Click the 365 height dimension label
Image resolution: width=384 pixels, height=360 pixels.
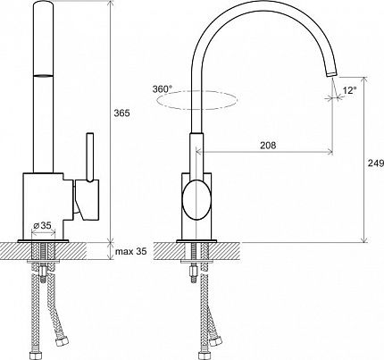coord(122,113)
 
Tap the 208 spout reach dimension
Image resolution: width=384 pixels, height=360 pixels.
coord(268,145)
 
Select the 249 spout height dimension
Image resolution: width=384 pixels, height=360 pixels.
coord(376,163)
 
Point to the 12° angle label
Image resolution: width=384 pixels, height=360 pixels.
coord(349,90)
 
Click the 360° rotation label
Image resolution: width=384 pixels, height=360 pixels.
coord(163,88)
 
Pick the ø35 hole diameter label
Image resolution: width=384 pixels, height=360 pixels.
coord(43,225)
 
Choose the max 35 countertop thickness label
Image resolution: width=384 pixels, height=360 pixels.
coord(131,252)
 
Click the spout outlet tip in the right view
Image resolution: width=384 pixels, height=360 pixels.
coord(331,73)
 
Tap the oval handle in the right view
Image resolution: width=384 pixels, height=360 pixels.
coord(196,200)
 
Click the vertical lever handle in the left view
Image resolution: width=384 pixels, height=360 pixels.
coord(90,157)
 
